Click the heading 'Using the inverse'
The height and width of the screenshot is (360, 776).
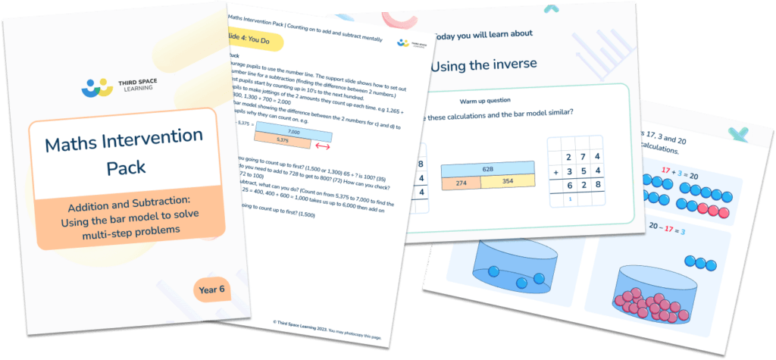point(485,64)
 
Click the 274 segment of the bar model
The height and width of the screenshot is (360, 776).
point(459,183)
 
